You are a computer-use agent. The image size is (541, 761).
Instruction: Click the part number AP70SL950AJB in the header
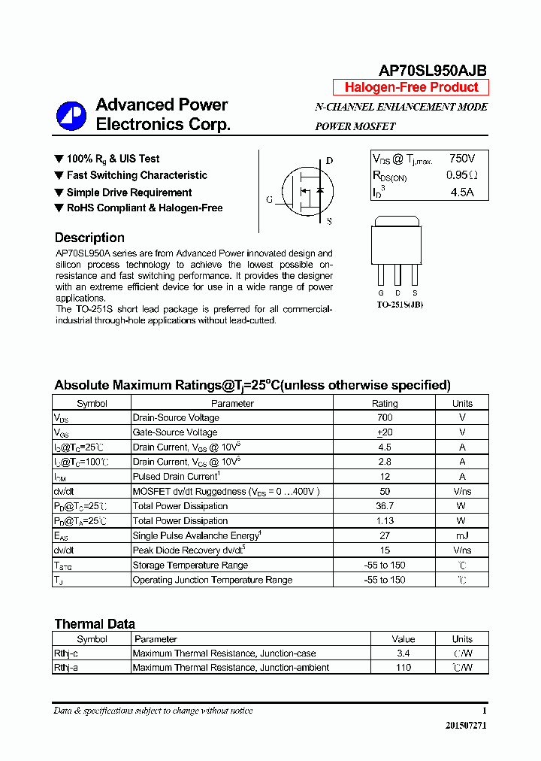point(432,71)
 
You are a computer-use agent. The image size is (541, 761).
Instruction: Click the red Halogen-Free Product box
point(411,87)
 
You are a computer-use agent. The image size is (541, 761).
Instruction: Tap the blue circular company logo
point(71,115)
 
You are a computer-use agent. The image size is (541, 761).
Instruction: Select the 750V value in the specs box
point(461,159)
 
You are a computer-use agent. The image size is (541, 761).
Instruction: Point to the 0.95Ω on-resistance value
point(461,175)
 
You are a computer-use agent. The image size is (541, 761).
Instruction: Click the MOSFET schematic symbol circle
point(305,191)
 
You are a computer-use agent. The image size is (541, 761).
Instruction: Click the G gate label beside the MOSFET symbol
point(269,200)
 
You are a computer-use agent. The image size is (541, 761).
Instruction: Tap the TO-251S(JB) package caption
point(400,305)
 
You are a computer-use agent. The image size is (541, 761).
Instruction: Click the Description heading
point(89,238)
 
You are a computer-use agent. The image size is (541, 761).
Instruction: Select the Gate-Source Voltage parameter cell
point(175,432)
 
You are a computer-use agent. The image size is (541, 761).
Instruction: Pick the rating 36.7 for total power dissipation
point(385,506)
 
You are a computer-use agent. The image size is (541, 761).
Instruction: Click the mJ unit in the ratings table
point(462,535)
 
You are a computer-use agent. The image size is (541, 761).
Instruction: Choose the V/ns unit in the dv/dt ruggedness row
point(462,491)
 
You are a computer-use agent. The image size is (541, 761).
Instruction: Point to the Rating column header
point(385,403)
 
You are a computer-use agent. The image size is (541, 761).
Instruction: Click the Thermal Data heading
point(95,624)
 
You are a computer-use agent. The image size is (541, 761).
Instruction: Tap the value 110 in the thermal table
point(403,668)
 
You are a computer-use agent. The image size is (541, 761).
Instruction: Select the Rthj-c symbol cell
point(66,653)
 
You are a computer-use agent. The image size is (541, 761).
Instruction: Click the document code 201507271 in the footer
point(466,726)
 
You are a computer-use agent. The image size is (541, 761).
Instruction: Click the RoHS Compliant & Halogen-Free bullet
point(144,208)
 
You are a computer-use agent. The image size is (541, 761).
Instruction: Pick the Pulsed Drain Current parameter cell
point(177,476)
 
